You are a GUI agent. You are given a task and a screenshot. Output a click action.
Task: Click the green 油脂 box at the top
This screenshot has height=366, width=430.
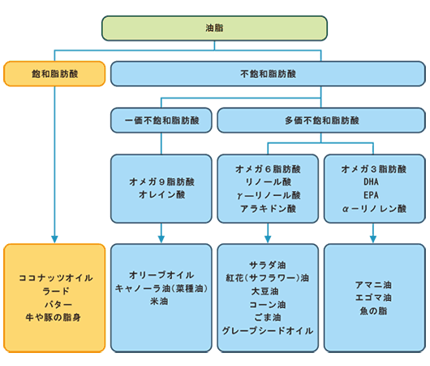(x=214, y=28)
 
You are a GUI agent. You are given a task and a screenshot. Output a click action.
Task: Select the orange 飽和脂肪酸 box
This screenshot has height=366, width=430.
(x=54, y=74)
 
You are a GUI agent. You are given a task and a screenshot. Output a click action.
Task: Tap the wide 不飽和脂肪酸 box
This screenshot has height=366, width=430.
(x=268, y=74)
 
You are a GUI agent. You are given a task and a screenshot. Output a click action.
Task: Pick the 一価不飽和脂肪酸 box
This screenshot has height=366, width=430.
(x=161, y=120)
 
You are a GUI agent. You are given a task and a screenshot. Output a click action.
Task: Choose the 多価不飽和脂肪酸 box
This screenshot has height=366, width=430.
(x=321, y=120)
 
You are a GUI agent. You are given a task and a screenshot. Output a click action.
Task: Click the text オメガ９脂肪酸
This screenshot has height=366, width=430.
(x=161, y=181)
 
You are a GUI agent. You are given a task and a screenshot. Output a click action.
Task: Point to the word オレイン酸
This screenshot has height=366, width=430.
(x=161, y=194)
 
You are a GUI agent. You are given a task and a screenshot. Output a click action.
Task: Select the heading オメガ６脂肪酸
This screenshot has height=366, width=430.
(x=268, y=169)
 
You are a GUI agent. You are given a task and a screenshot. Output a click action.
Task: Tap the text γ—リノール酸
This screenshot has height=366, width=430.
(x=269, y=195)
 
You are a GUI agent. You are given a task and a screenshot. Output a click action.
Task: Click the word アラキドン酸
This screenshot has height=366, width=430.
(x=269, y=209)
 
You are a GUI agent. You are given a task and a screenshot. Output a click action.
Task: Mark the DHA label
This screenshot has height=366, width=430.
(x=371, y=181)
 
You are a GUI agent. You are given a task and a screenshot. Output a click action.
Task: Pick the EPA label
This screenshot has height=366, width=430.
(x=371, y=195)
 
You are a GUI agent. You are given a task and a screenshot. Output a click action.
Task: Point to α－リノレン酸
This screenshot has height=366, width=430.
(x=374, y=209)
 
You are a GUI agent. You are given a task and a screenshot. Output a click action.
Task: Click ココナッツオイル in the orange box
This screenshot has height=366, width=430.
(x=56, y=277)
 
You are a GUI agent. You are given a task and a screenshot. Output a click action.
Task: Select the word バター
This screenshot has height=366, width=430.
(x=58, y=304)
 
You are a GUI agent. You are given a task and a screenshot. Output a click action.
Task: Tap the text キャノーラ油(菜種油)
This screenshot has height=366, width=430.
(x=161, y=288)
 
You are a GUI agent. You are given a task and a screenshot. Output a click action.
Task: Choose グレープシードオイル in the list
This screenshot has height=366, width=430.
(x=268, y=330)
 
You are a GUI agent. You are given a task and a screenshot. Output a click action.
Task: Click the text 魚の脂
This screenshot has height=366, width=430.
(x=373, y=311)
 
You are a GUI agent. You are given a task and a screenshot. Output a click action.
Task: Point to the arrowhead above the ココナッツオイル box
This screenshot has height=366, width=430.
(x=54, y=239)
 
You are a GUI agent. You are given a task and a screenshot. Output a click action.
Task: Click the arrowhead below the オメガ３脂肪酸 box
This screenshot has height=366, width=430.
(x=373, y=239)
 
